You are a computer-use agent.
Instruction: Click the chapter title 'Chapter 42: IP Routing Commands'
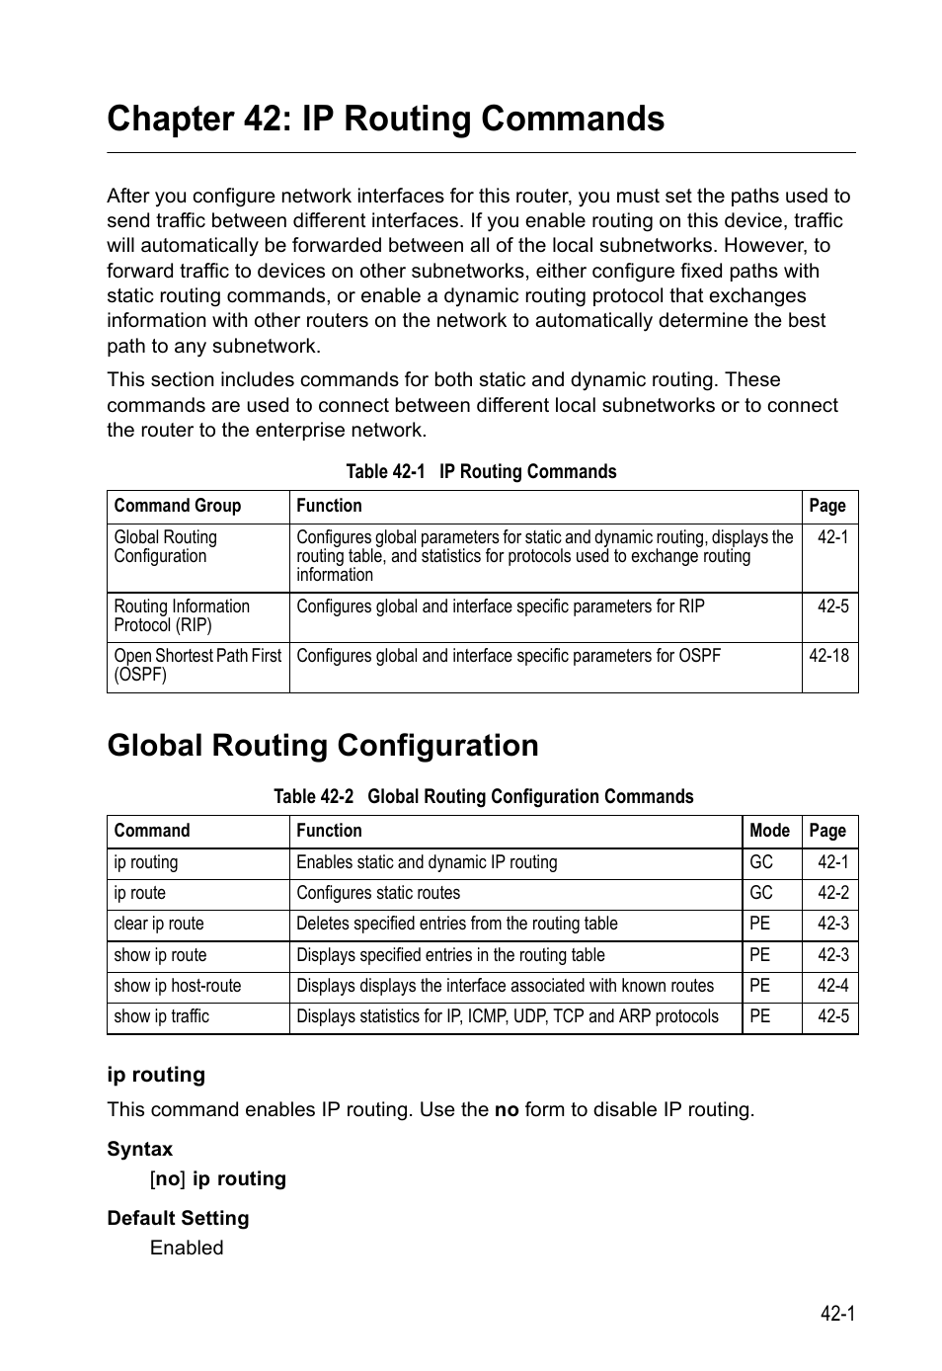pos(385,119)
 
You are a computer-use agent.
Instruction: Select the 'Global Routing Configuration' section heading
pos(323,745)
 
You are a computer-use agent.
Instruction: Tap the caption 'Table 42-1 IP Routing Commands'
pos(481,471)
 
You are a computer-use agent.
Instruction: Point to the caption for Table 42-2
pos(483,796)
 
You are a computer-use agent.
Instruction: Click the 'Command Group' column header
pos(178,506)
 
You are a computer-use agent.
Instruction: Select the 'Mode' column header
pos(769,831)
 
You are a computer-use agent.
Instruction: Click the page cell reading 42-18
pos(828,656)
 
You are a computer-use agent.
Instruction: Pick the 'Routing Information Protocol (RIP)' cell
pos(182,615)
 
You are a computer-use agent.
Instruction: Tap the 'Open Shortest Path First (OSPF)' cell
pos(197,665)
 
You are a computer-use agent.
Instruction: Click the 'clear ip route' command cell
pos(159,924)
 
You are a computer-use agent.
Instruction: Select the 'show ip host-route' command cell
pos(177,986)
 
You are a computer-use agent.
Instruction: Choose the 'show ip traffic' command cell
pos(162,1016)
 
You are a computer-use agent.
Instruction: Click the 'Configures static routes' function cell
pos(378,893)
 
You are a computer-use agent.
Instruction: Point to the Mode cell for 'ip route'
pos(760,893)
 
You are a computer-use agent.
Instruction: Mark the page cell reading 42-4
pos(832,986)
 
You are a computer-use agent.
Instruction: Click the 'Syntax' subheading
pos(139,1149)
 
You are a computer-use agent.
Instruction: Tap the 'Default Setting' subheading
pos(178,1218)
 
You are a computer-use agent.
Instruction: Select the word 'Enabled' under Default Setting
pos(187,1248)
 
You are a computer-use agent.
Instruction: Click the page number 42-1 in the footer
pos(836,1313)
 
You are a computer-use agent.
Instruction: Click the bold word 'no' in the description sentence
pos(506,1110)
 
